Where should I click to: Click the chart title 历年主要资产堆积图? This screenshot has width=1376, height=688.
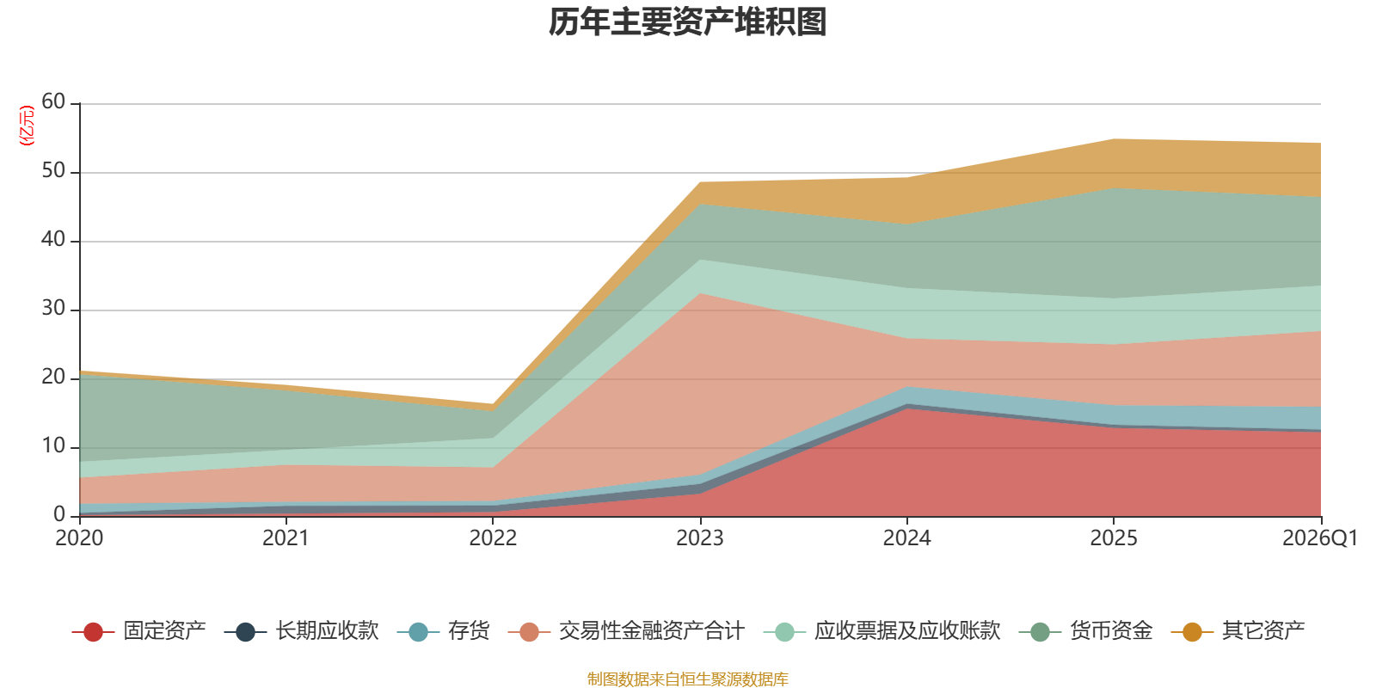point(687,22)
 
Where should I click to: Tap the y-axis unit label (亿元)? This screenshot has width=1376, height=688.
point(27,126)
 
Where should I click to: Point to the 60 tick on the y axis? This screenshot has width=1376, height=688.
point(53,102)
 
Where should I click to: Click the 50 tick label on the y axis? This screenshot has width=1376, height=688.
point(53,171)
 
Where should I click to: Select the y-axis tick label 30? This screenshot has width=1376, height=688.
point(53,309)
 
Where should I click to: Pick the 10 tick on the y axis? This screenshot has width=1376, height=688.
point(53,446)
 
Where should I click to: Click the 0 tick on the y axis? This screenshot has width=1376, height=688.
point(59,515)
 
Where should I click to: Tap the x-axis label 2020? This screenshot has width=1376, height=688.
point(79,538)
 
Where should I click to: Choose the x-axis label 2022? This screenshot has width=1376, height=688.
point(493,538)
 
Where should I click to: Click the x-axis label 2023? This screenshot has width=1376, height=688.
point(700,538)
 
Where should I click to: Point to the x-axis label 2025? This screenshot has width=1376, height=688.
point(1114,538)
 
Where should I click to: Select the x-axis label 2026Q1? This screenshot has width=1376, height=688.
point(1320,538)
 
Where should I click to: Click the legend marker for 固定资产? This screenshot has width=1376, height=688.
point(93,631)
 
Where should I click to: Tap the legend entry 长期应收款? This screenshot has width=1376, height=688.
point(301,631)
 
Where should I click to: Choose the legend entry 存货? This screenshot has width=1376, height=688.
point(444,631)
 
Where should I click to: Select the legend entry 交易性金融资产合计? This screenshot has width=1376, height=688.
point(627,631)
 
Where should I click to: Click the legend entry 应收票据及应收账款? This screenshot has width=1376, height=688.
point(882,631)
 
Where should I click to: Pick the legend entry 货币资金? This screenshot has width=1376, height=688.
point(1085,631)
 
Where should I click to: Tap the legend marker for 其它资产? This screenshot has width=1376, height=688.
point(1192,631)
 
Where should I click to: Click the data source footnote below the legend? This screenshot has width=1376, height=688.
point(687,679)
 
